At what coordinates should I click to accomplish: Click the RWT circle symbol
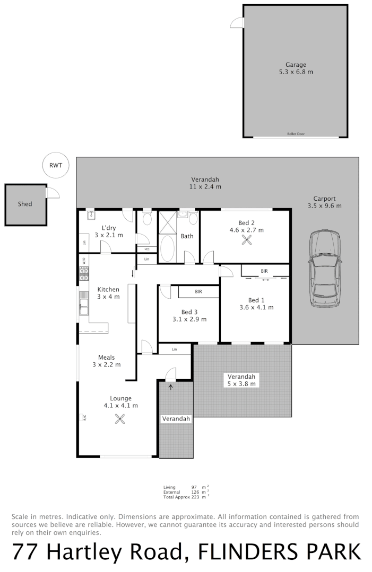tap(56, 165)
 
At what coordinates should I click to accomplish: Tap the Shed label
tap(25, 204)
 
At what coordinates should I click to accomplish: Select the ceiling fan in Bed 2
tap(247, 240)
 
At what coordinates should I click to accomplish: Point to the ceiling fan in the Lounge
tap(120, 419)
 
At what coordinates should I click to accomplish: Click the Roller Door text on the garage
tap(296, 134)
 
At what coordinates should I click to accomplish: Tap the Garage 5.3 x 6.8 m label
tap(296, 68)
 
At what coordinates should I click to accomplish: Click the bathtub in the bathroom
tap(167, 248)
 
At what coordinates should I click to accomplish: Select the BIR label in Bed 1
tap(264, 271)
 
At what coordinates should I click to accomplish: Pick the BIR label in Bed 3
tap(198, 292)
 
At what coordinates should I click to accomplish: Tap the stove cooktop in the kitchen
tap(84, 274)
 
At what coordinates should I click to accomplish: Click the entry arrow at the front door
tap(170, 387)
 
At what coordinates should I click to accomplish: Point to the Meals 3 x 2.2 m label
tap(107, 361)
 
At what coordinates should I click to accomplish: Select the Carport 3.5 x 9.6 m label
tap(324, 202)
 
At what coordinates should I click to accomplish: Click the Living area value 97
tap(195, 487)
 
